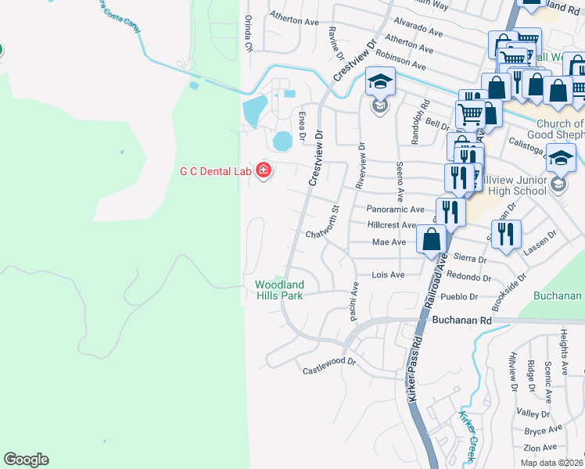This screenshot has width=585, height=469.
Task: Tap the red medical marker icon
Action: click(x=263, y=170)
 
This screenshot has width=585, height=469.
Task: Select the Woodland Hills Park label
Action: click(x=279, y=289)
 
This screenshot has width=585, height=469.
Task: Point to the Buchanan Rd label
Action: click(x=460, y=320)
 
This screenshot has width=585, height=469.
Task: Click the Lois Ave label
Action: click(x=388, y=274)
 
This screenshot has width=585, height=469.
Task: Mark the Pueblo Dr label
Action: click(x=459, y=296)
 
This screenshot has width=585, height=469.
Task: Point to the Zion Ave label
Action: click(x=540, y=448)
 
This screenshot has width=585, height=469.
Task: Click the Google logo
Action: click(x=26, y=460)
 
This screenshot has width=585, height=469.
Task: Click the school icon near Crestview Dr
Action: click(x=380, y=81)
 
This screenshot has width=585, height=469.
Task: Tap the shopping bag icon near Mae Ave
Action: click(x=432, y=238)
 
